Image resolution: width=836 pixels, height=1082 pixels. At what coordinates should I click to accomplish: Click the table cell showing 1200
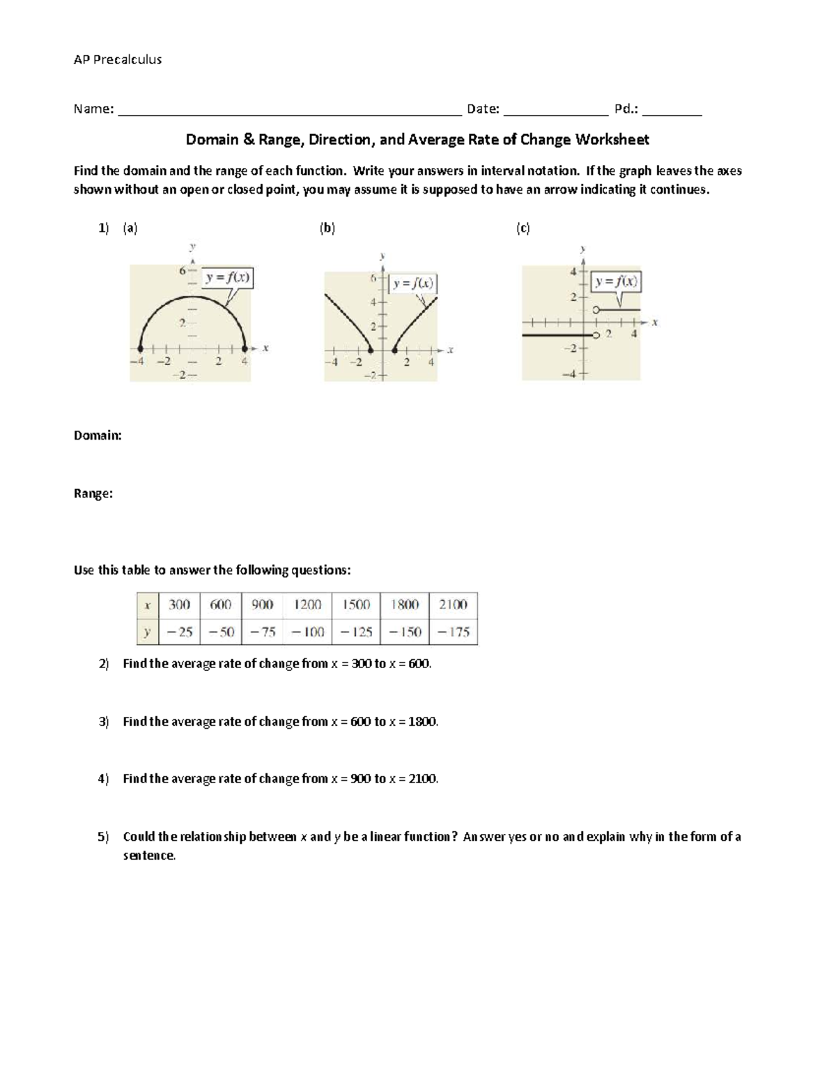click(307, 605)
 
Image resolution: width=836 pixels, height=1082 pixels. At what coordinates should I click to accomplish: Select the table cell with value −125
click(356, 632)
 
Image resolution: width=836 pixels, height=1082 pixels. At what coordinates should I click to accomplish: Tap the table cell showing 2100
click(454, 605)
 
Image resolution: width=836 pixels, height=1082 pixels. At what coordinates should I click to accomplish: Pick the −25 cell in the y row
click(179, 632)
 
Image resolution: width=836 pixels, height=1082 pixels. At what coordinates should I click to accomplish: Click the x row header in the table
click(148, 605)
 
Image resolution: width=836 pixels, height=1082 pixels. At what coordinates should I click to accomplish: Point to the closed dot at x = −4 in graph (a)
click(141, 348)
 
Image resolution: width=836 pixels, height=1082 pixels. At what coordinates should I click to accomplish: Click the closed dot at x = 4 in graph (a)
click(245, 348)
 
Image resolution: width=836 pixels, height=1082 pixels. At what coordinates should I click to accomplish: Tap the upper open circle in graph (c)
click(596, 310)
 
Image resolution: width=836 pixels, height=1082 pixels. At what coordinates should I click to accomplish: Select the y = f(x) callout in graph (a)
click(228, 278)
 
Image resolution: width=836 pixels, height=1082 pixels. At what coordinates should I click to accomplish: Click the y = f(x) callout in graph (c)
click(617, 282)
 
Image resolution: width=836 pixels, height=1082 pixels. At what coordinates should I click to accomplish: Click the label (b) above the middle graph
click(327, 228)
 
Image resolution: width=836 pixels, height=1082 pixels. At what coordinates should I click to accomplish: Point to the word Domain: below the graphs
click(98, 435)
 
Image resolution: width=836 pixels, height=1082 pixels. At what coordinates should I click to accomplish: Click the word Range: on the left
click(93, 493)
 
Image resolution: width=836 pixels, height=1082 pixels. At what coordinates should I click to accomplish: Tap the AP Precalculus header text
click(118, 60)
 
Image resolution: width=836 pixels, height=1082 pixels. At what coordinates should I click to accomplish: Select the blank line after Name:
click(290, 110)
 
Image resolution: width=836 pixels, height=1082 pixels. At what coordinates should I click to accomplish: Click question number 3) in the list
click(104, 722)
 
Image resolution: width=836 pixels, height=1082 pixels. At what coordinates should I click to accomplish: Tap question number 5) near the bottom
click(104, 837)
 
